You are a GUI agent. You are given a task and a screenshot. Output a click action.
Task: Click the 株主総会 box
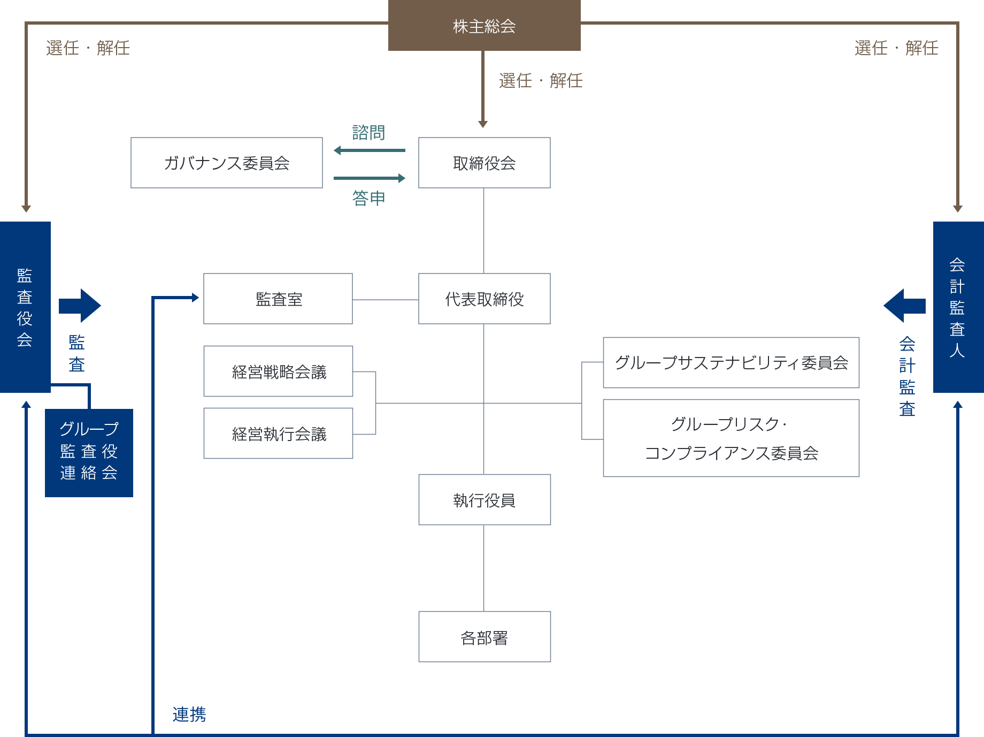tap(484, 26)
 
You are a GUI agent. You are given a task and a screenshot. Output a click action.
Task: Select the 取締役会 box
tap(484, 163)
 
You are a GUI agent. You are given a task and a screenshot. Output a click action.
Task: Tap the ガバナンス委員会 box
tap(226, 163)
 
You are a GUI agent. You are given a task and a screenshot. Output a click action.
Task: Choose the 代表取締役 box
tap(484, 299)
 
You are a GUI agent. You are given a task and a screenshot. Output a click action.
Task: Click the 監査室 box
tap(278, 299)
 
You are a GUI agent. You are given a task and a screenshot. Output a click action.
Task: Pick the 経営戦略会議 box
tap(278, 371)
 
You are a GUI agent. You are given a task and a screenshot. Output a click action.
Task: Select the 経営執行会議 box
tap(278, 434)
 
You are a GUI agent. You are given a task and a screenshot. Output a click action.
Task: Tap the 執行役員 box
tap(484, 500)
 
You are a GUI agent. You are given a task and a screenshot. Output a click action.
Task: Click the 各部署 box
tap(484, 637)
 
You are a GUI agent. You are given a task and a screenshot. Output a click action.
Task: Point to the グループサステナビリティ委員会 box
tap(731, 362)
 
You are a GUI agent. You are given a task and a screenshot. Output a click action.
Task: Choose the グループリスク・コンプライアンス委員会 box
tap(731, 438)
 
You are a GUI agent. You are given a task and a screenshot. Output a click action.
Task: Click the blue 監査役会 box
tap(25, 307)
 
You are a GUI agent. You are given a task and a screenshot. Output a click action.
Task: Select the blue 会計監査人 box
tap(958, 307)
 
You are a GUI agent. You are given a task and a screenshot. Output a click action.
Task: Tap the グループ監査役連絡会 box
tap(89, 453)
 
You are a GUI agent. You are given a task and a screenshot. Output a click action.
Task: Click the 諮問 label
tap(368, 132)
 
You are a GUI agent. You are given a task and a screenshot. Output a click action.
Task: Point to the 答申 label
tap(368, 198)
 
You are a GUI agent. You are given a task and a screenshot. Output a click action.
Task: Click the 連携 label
tap(189, 714)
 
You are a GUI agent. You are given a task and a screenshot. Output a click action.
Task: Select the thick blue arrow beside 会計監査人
tap(904, 306)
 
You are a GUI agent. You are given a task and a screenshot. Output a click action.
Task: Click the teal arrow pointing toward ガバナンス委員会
tap(369, 150)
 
